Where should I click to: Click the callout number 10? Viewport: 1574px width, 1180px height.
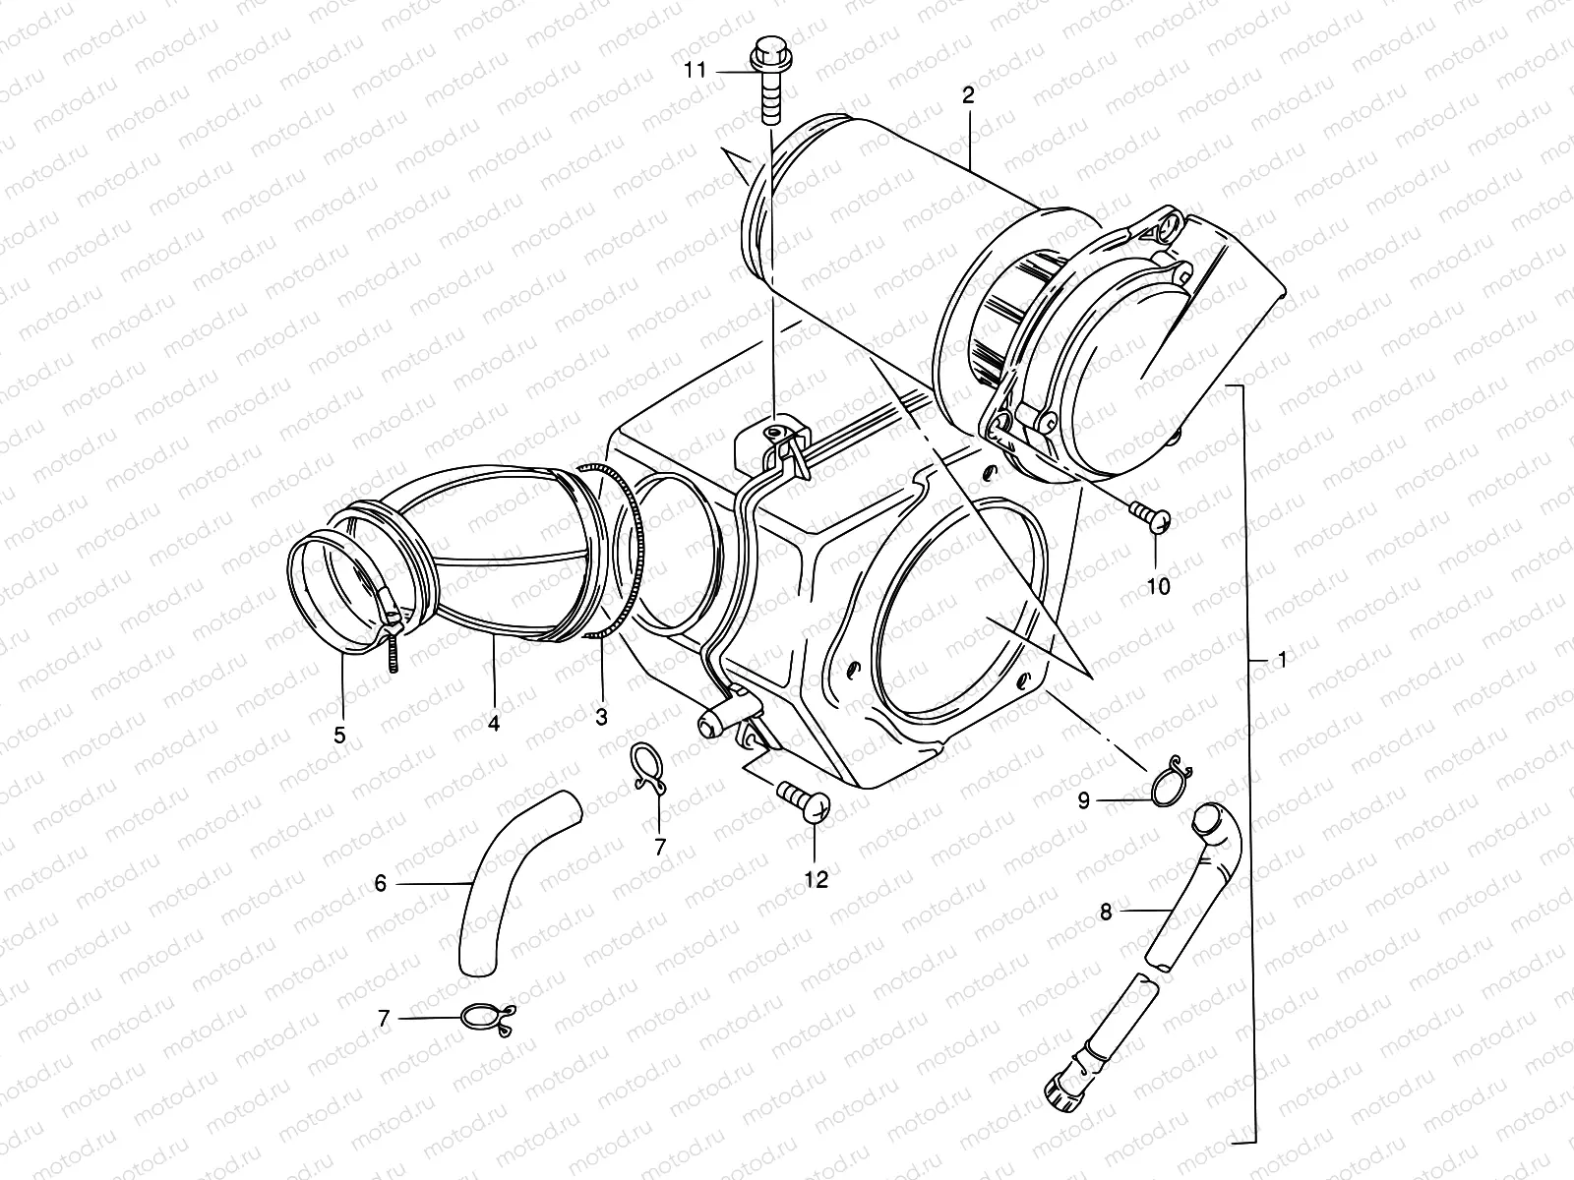click(x=1158, y=587)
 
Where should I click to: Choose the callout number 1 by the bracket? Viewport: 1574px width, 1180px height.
click(x=1281, y=661)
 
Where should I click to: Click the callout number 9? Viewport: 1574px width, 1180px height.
click(x=1083, y=801)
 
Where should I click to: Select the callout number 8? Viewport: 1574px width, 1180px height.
click(x=1105, y=913)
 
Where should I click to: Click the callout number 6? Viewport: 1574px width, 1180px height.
click(x=381, y=884)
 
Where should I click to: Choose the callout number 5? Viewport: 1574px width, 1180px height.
click(x=339, y=733)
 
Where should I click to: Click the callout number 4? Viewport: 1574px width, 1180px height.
click(x=494, y=724)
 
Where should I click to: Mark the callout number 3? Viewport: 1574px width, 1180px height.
click(x=601, y=718)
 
